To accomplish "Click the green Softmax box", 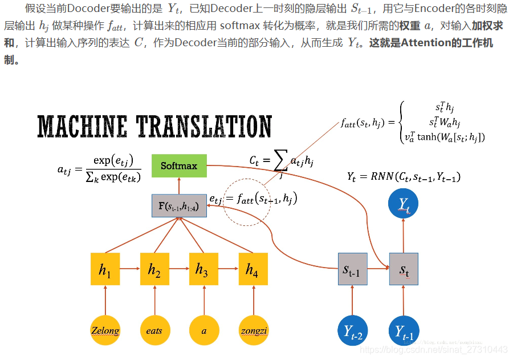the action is coord(179,165).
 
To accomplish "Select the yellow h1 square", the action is coord(105,269).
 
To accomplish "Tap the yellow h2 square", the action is coord(154,269).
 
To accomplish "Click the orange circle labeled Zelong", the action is coord(105,330).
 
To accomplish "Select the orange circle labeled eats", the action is coord(154,330).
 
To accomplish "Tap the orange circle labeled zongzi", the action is coord(254,330).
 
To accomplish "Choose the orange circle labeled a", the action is coord(204,330).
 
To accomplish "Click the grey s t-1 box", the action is coord(352,269).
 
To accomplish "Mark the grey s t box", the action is coord(404,269).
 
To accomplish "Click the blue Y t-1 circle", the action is coord(404,330).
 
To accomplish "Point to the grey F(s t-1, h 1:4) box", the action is coord(179,205).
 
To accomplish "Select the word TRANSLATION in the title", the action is coord(204,126).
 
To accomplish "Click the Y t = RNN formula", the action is coord(404,177).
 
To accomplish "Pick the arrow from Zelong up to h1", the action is coord(105,300).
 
